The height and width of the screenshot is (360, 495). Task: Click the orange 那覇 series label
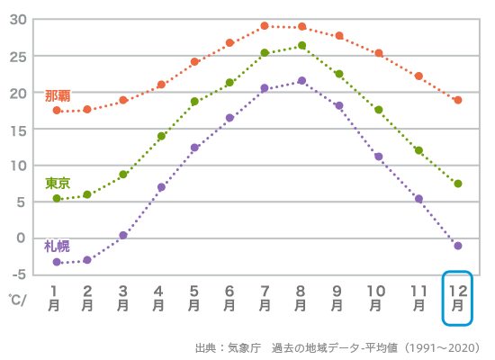coord(58,95)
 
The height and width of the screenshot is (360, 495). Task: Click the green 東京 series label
coord(58,183)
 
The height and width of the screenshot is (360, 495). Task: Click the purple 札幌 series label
coord(57,246)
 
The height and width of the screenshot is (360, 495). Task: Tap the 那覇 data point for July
coord(265,26)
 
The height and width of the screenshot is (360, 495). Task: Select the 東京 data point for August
coord(301,45)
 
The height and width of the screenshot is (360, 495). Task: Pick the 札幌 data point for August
coord(301,80)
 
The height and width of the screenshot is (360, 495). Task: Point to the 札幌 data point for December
coord(458,246)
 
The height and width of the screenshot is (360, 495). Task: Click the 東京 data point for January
coord(57,198)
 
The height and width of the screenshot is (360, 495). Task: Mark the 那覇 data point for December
coord(458,100)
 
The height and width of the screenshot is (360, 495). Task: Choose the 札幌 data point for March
coord(123,235)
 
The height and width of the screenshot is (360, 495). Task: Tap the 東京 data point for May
coord(194,102)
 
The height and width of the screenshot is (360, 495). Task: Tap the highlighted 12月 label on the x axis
coord(458,298)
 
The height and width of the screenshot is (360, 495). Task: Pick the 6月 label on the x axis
coord(229,298)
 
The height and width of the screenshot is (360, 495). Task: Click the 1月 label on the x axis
coord(55,298)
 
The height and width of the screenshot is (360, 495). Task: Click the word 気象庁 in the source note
coord(238,347)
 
